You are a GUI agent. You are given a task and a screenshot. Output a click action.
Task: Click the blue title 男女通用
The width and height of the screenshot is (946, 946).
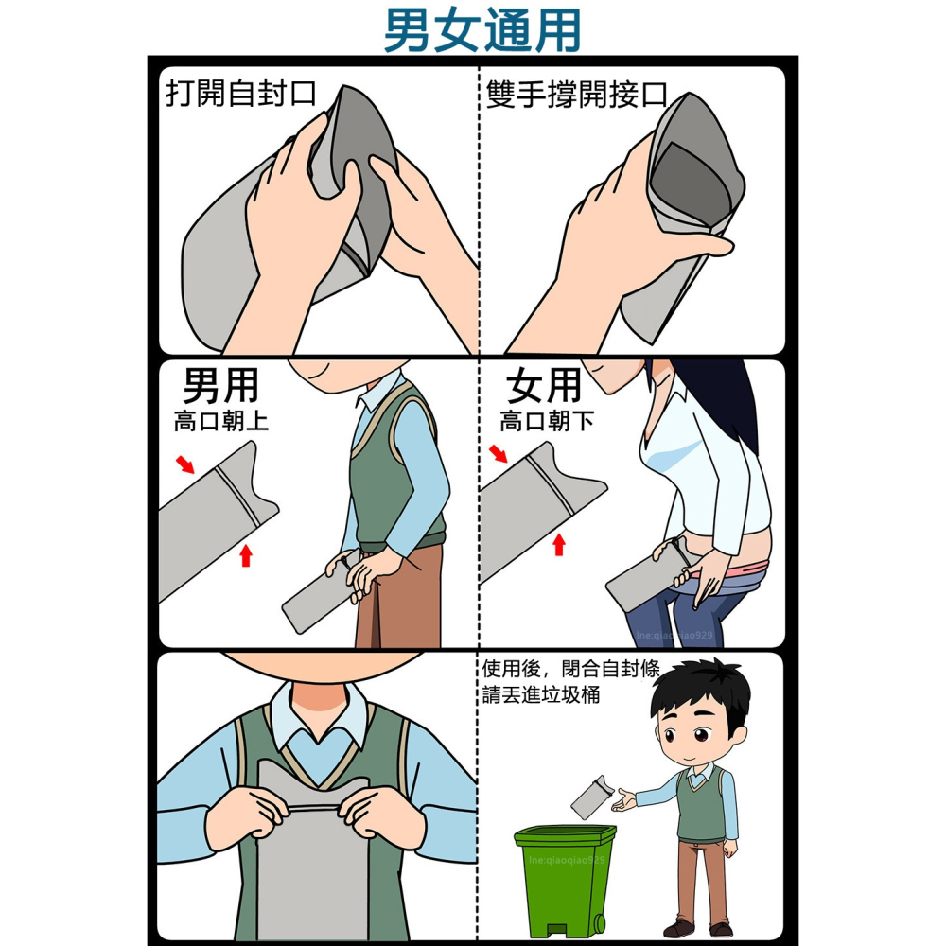(482, 31)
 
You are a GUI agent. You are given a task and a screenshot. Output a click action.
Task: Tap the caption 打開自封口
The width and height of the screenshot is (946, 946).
(240, 96)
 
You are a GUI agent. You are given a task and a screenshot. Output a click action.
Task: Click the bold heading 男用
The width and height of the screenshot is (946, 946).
(220, 386)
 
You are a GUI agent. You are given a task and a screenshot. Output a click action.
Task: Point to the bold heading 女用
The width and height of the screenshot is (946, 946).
(544, 386)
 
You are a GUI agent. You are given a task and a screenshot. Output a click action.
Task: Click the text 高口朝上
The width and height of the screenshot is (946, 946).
(220, 422)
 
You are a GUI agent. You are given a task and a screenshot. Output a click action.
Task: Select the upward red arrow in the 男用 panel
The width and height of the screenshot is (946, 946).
(246, 554)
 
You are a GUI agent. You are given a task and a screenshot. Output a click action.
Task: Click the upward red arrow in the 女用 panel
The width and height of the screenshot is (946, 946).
(559, 544)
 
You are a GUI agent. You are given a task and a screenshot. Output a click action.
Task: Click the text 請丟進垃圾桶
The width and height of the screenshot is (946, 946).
(540, 695)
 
